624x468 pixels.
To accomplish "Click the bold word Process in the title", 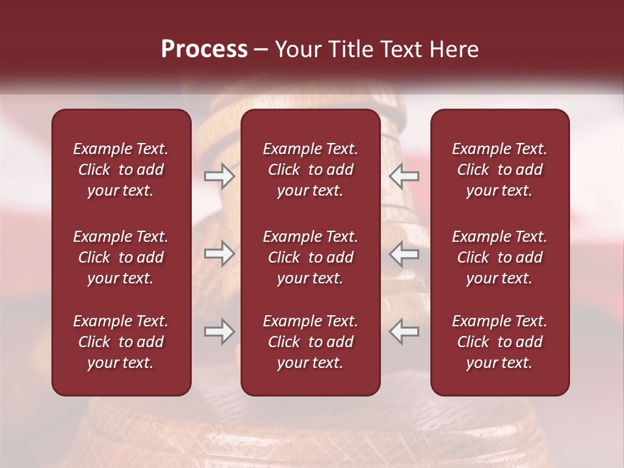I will (204, 49).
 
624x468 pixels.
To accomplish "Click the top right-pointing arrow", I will (220, 176).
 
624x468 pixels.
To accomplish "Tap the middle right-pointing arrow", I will (220, 253).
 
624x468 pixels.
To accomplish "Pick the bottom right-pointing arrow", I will (220, 331).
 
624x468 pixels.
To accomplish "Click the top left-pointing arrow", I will (404, 176).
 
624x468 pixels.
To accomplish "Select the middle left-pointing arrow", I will (404, 253).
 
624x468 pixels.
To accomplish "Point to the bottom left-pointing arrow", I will (404, 331).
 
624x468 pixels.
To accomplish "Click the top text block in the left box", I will (121, 170).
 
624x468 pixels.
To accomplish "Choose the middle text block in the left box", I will (121, 257).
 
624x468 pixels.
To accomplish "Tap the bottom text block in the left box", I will (121, 342).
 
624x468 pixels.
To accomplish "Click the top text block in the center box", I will (311, 170).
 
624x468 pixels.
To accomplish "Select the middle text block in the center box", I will (311, 257).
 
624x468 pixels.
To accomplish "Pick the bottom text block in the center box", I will (311, 342).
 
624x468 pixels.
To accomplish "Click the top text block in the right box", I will (500, 170).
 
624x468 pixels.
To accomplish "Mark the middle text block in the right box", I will (500, 257).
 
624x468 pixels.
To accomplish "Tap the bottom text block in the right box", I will (500, 342).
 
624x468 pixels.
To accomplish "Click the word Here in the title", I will (454, 49).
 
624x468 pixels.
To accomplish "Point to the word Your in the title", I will (297, 49).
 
